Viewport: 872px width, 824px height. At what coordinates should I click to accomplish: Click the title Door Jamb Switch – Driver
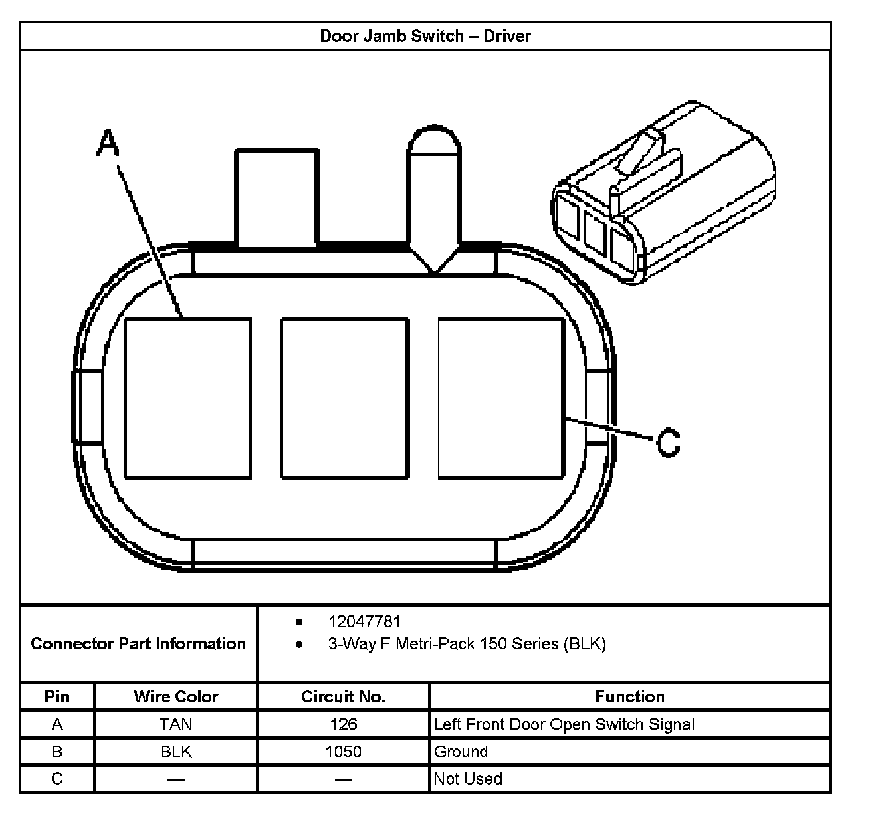point(425,36)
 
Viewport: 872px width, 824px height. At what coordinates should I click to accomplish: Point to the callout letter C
point(669,443)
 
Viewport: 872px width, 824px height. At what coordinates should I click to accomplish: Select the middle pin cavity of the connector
point(344,398)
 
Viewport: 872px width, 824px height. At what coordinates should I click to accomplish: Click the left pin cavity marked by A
point(188,398)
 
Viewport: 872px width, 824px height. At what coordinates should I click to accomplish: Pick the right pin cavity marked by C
point(501,398)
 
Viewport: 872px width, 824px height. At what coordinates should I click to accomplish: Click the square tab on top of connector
point(276,198)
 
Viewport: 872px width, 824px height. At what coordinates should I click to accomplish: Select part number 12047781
point(364,622)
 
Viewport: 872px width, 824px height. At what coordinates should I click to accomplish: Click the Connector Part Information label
point(138,643)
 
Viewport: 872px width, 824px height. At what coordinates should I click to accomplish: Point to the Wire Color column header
point(175,696)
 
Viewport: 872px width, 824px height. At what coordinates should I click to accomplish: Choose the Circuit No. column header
point(343,696)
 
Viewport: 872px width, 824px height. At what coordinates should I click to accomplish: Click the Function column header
point(629,696)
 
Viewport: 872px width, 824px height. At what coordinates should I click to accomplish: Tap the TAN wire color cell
point(175,724)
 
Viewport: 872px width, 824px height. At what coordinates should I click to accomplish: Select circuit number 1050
point(343,752)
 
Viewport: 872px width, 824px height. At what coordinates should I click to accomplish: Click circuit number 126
point(343,724)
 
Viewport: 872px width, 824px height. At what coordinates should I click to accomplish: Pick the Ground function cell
point(461,752)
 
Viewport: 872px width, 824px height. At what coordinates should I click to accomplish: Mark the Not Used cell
point(468,779)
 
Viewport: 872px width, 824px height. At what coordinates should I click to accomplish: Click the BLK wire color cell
point(175,752)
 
